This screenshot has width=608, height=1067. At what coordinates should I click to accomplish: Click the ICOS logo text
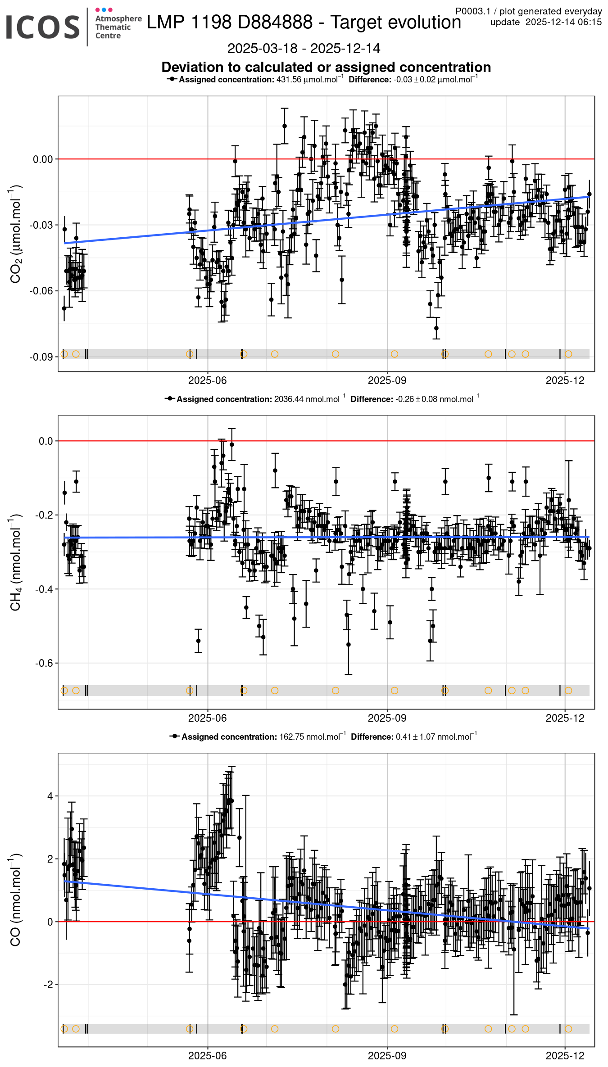pyautogui.click(x=43, y=27)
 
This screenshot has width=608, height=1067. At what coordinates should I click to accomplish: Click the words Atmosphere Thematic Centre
pyautogui.click(x=118, y=27)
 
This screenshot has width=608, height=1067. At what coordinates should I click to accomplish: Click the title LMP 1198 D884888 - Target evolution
pyautogui.click(x=304, y=23)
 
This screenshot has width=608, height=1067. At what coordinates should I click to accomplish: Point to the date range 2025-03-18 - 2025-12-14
pyautogui.click(x=304, y=48)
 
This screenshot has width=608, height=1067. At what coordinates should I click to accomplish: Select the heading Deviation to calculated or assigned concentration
pyautogui.click(x=326, y=67)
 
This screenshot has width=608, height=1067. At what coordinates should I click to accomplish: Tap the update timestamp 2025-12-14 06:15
pyautogui.click(x=563, y=23)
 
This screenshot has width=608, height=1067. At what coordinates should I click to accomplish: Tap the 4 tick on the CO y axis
pyautogui.click(x=50, y=796)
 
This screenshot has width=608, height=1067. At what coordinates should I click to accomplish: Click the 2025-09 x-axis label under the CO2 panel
pyautogui.click(x=387, y=380)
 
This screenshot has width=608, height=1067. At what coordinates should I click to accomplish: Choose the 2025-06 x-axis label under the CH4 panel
pyautogui.click(x=207, y=718)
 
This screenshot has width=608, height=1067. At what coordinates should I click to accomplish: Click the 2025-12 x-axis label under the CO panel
pyautogui.click(x=565, y=1056)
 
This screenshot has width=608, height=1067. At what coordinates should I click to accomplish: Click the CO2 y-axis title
pyautogui.click(x=15, y=234)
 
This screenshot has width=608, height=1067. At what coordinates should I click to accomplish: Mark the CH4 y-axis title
pyautogui.click(x=15, y=562)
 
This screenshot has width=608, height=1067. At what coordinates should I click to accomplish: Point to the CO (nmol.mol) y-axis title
pyautogui.click(x=15, y=900)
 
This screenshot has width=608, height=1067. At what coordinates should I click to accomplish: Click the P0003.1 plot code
pyautogui.click(x=472, y=11)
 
